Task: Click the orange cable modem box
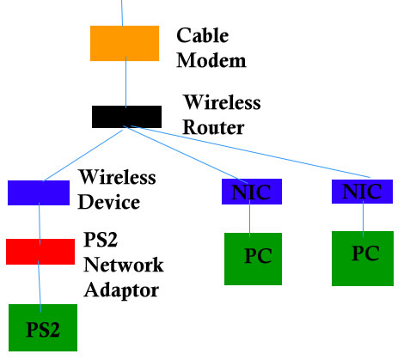pyautogui.click(x=125, y=43)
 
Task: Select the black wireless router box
pyautogui.click(x=126, y=117)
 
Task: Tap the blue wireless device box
pyautogui.click(x=39, y=192)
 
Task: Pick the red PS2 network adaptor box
pyautogui.click(x=40, y=252)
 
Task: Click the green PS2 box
pyautogui.click(x=43, y=327)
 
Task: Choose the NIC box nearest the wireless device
pyautogui.click(x=252, y=192)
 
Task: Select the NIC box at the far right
pyautogui.click(x=362, y=192)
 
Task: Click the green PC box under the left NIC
pyautogui.click(x=253, y=259)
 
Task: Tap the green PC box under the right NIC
pyautogui.click(x=363, y=259)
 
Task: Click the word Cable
pyautogui.click(x=203, y=35)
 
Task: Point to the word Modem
pyautogui.click(x=211, y=60)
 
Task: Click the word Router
pyautogui.click(x=213, y=127)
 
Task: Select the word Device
pyautogui.click(x=109, y=202)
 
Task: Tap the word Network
pyautogui.click(x=124, y=265)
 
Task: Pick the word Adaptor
pyautogui.click(x=121, y=290)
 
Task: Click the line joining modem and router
pyautogui.click(x=125, y=82)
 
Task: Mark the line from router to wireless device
pyautogui.click(x=83, y=156)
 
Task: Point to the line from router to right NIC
pyautogui.click(x=251, y=151)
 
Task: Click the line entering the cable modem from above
pyautogui.click(x=122, y=13)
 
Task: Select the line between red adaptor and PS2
pyautogui.click(x=40, y=287)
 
